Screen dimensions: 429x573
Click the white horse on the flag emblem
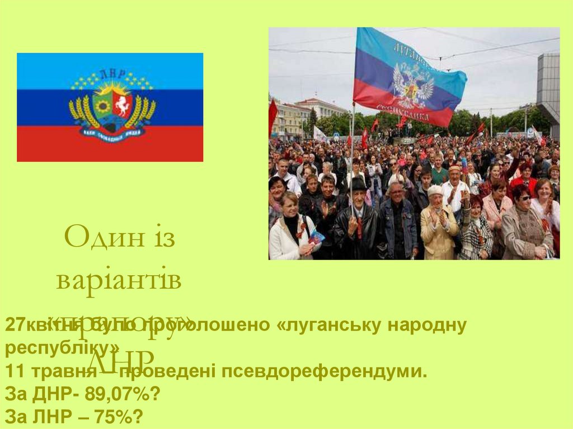(x=121, y=104)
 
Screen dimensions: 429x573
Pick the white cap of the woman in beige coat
(x=435, y=190)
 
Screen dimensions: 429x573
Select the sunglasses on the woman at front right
(x=523, y=197)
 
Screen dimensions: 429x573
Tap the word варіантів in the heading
(x=119, y=280)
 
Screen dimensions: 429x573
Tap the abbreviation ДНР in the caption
(x=54, y=394)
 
